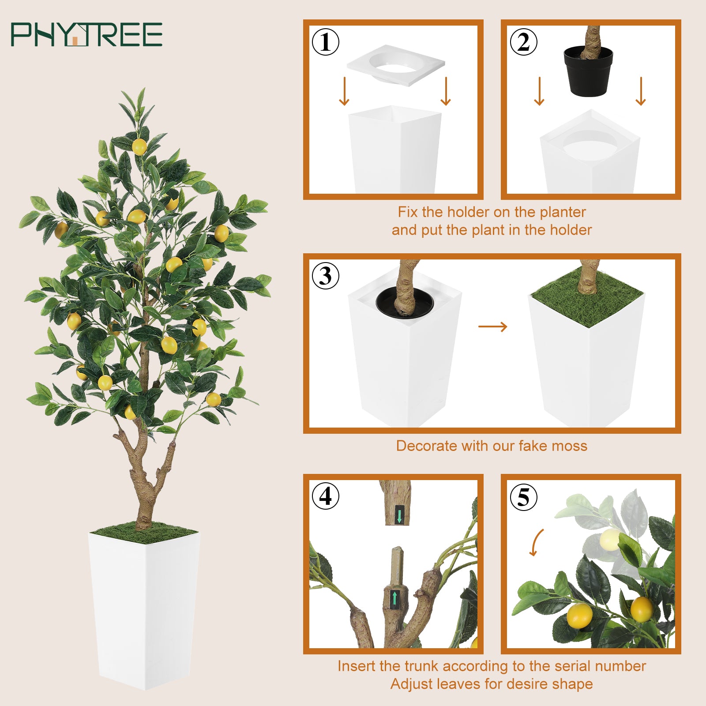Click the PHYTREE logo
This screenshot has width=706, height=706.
[86, 34]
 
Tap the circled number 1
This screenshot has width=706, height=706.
[326, 42]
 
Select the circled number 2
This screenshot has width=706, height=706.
[523, 42]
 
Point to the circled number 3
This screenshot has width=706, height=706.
[326, 276]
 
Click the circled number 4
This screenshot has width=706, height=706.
[326, 496]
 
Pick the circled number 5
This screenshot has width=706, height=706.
[523, 497]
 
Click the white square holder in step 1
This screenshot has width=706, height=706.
[396, 64]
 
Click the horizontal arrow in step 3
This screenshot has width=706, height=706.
[493, 327]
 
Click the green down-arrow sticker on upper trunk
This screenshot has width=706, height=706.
[399, 514]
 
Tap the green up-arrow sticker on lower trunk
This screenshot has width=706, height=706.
[394, 598]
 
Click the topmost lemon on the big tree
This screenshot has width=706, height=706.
[139, 146]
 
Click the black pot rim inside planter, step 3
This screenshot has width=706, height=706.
[405, 303]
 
